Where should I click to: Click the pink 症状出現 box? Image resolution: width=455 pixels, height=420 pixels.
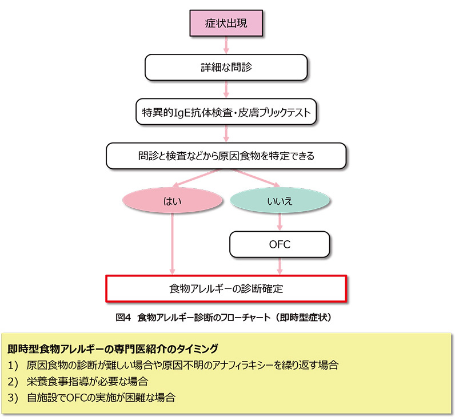point(226,23)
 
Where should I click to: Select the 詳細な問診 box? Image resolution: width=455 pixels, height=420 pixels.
point(226,68)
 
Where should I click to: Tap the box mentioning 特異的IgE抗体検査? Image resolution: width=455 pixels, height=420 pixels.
point(226,112)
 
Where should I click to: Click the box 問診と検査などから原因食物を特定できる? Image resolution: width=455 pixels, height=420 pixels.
point(226,156)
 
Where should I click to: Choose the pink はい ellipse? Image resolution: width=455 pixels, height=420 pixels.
point(173,200)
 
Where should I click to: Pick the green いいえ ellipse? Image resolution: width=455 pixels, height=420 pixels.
point(280,200)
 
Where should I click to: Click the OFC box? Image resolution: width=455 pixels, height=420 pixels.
point(280,244)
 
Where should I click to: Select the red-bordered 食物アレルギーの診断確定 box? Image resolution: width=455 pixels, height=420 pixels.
point(226,289)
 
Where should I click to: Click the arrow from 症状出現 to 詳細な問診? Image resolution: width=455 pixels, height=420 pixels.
point(226,45)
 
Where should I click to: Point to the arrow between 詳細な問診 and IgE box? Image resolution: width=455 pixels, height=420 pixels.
point(226,89)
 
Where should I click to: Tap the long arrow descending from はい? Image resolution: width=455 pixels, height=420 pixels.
point(173,244)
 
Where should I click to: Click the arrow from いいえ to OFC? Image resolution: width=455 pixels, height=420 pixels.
point(280,222)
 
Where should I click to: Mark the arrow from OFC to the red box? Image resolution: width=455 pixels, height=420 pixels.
point(280,266)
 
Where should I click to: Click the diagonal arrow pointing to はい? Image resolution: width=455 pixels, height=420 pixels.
point(197,178)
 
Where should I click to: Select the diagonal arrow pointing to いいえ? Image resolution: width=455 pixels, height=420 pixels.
point(256,178)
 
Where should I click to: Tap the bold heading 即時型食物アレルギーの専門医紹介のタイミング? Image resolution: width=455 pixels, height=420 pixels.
point(113,349)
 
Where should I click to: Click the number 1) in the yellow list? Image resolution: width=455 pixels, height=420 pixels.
point(13,366)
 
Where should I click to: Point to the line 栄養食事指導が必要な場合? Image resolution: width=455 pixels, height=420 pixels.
point(87,381)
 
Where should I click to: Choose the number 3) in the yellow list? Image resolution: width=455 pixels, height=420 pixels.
point(13,398)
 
